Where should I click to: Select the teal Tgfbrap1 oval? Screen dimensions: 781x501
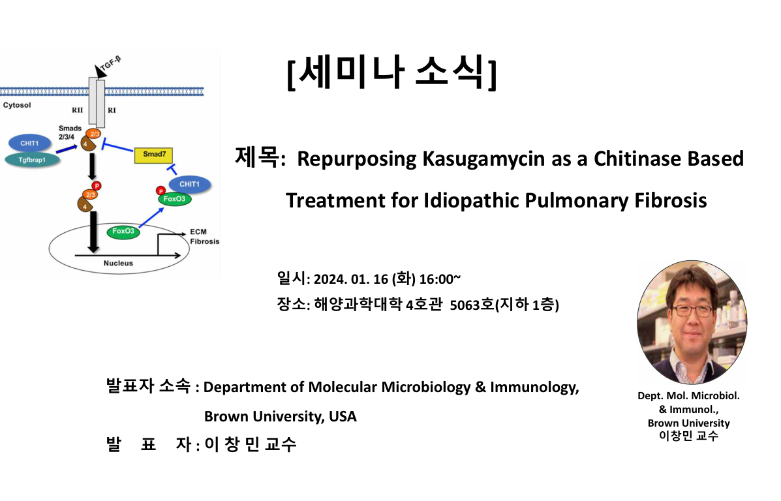33,160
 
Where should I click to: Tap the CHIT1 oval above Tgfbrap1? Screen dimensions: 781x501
30,144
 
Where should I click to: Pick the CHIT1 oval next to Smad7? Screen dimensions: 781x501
189,184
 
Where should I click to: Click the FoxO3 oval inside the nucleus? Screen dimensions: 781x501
123,232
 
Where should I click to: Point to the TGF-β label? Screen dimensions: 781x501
110,64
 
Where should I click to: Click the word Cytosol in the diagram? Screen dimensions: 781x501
17,105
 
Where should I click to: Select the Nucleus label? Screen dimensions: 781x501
118,263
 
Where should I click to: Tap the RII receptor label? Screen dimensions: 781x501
77,110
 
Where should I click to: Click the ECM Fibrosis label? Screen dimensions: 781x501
204,237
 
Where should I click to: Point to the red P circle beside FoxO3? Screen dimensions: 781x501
161,190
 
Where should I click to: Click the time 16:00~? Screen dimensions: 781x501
440,279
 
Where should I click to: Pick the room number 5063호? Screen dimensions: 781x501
472,305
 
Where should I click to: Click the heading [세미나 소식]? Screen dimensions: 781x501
392,72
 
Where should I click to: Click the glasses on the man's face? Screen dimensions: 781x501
693,311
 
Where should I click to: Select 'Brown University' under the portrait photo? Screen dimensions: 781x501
689,423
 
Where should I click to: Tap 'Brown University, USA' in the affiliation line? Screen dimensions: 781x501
281,416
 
